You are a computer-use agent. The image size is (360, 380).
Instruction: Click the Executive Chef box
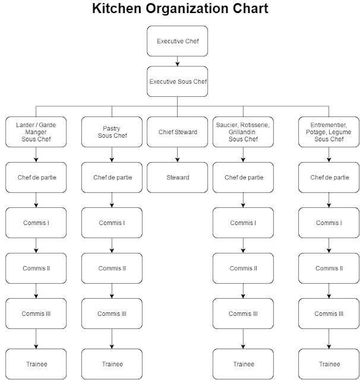coord(177,41)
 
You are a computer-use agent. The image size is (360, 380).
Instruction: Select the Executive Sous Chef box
coord(177,81)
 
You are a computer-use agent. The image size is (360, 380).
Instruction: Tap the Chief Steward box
coord(177,132)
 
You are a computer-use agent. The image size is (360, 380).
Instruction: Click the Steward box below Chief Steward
coord(177,177)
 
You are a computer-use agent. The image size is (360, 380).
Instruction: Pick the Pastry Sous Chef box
coord(112,132)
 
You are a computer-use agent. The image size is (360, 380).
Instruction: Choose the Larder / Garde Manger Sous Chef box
coord(36,132)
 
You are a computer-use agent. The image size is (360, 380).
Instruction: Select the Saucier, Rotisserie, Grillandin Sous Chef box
coord(242,132)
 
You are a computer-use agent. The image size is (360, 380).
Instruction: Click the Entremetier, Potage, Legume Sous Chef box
coord(329,132)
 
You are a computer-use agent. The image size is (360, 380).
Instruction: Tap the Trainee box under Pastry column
coord(112,364)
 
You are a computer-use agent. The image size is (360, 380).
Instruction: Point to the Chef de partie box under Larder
coord(36,177)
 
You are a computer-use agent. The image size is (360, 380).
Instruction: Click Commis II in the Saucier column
coord(242,268)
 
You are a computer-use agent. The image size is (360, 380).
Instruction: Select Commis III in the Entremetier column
coord(329,313)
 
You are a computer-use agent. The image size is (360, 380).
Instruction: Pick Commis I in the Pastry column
coord(112,223)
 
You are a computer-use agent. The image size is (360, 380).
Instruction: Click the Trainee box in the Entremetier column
coord(329,364)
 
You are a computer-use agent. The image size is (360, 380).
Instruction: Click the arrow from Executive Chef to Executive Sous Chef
coord(177,61)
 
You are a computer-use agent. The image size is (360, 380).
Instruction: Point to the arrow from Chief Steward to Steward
coord(177,154)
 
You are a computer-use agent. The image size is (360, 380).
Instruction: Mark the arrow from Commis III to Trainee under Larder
coord(36,339)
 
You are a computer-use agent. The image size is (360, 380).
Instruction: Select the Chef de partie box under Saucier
coord(242,177)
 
